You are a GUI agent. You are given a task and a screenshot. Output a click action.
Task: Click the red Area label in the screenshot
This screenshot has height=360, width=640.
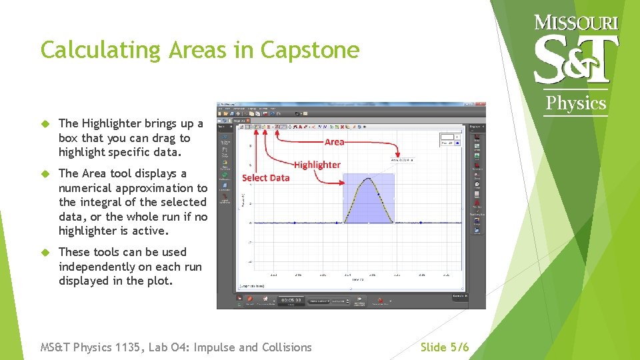tap(335, 142)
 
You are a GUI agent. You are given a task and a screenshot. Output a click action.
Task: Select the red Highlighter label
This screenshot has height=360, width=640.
tap(317, 165)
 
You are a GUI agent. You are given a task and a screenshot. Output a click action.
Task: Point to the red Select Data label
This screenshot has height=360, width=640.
tap(265, 177)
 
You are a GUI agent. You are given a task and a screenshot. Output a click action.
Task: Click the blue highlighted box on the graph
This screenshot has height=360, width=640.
tap(368, 199)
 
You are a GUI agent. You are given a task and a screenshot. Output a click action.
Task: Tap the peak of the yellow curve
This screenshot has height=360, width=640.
tap(369, 178)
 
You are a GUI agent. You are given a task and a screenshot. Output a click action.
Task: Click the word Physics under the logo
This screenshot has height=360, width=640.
tap(576, 103)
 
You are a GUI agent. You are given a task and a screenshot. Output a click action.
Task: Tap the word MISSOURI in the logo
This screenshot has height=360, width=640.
tap(576, 23)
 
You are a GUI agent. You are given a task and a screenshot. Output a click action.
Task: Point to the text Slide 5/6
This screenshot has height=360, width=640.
tap(445, 347)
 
